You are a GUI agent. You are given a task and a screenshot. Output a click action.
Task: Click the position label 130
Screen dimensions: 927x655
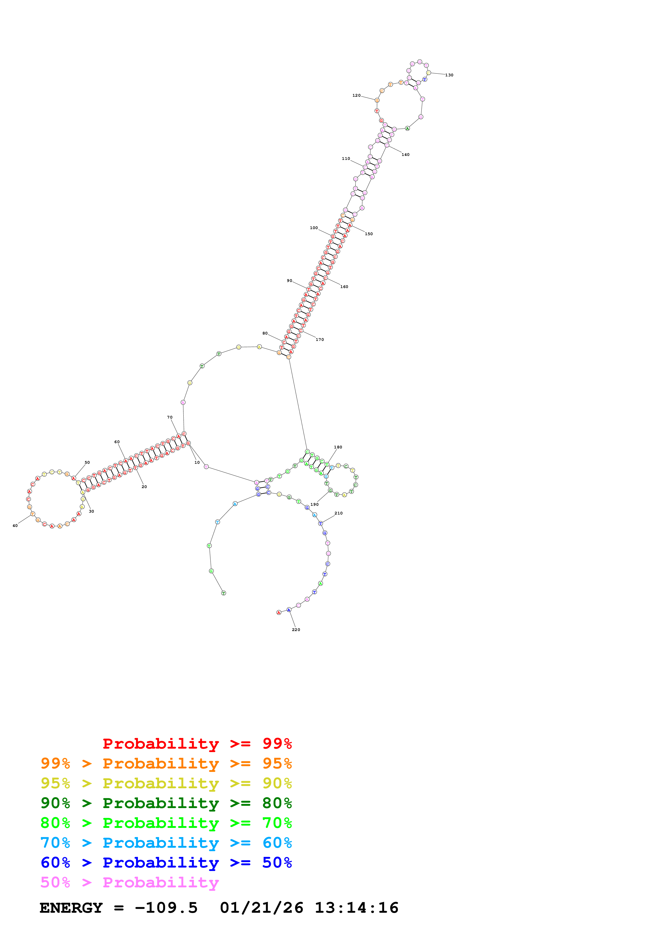449,75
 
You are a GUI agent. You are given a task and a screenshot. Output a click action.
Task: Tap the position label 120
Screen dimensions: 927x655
356,96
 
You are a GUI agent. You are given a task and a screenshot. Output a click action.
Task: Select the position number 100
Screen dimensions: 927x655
314,228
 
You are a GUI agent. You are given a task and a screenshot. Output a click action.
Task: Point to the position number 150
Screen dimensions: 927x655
369,234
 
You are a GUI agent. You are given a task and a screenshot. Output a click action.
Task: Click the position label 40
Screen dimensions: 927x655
15,526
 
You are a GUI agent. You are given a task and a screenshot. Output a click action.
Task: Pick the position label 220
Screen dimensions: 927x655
296,630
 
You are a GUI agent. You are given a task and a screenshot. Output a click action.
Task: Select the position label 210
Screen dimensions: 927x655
339,513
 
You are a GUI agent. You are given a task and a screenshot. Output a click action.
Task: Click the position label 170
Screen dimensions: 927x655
320,340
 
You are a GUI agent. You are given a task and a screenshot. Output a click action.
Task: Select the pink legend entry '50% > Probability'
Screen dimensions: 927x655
129,883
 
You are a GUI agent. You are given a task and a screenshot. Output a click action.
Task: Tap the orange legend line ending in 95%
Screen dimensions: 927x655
166,763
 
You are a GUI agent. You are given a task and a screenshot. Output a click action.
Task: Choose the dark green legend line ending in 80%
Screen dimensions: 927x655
166,803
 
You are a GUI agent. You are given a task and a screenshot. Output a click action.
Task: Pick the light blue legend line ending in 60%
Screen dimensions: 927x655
166,843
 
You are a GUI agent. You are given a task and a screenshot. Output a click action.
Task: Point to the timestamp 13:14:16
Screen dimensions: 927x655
356,908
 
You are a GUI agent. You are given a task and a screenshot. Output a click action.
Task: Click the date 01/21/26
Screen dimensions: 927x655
262,908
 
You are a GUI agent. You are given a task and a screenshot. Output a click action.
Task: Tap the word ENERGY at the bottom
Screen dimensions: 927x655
71,908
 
